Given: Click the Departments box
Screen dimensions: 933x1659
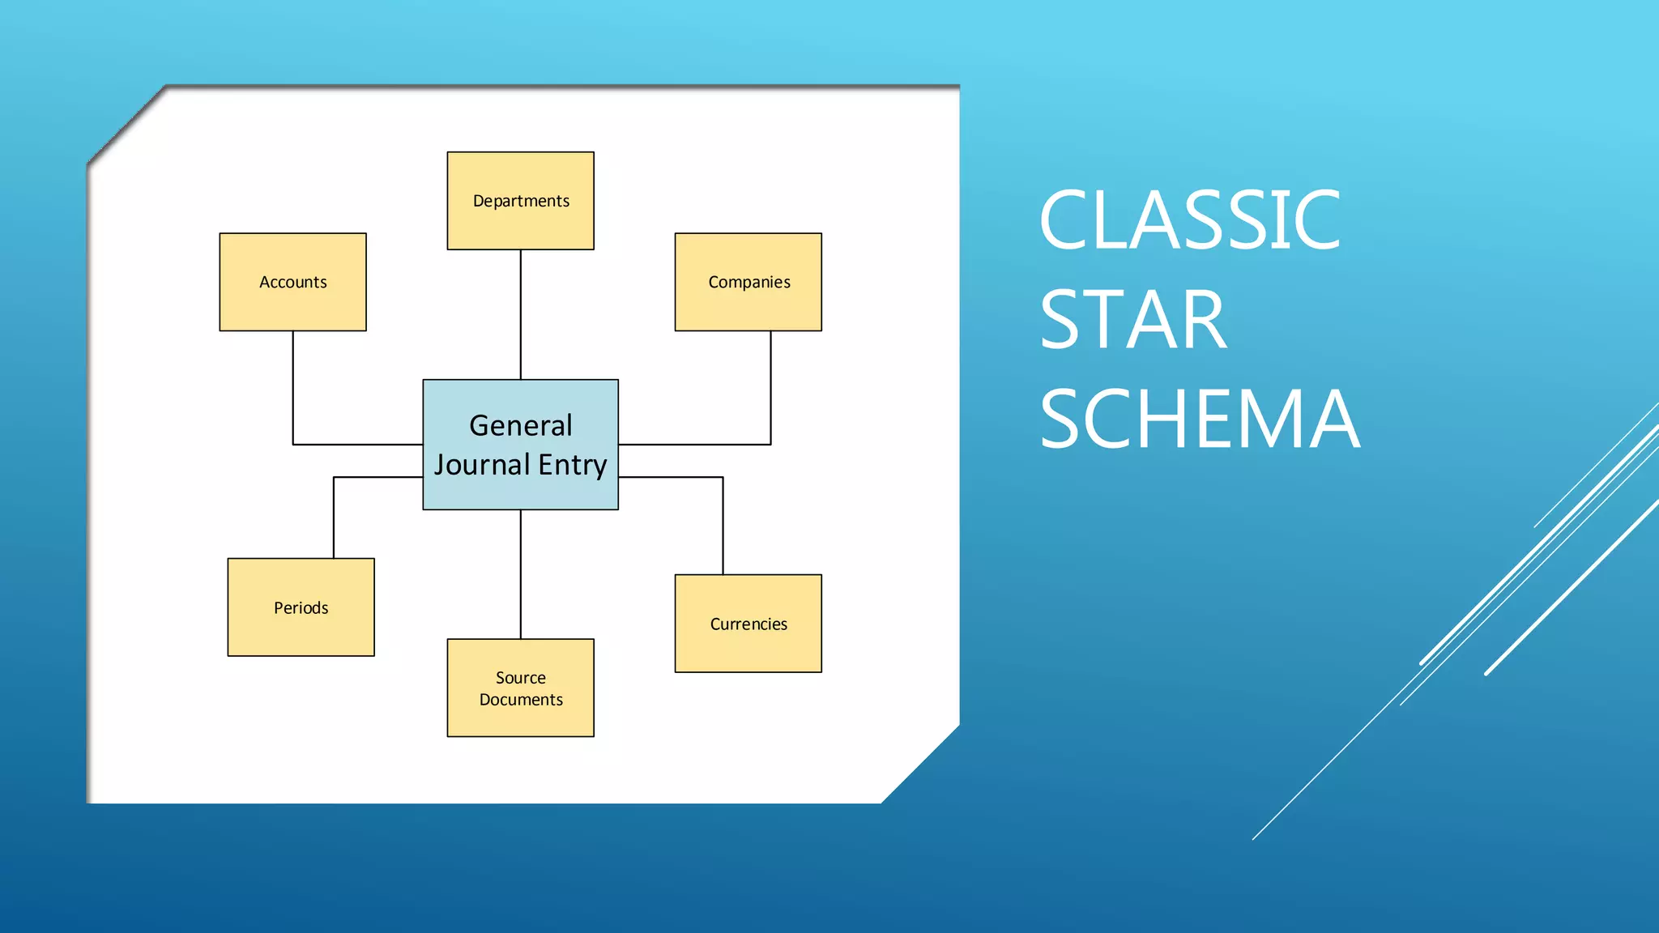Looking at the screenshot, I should (520, 201).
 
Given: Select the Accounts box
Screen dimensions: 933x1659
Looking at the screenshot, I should (292, 282).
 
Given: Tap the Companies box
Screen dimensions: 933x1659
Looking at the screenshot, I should (748, 282).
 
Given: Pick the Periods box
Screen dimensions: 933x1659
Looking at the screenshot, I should (301, 607).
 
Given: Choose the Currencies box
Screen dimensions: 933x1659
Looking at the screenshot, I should (748, 624).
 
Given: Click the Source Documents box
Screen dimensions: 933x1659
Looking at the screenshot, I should (520, 688).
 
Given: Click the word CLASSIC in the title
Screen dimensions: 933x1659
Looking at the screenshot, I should (1189, 220).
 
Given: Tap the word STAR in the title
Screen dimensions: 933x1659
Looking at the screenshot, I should (1132, 321).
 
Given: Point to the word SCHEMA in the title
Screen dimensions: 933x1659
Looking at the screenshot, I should (1199, 420).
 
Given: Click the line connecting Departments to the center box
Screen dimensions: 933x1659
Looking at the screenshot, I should (520, 314).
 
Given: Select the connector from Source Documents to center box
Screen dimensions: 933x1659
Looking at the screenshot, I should (520, 573).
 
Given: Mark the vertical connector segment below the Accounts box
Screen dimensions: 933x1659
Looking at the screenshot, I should (292, 387).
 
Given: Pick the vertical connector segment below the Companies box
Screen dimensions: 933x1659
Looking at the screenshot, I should (770, 387).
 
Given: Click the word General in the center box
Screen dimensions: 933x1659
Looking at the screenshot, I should (520, 425).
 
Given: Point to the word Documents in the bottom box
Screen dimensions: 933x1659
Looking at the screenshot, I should (520, 700).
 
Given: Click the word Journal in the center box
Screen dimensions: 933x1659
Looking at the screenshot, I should (482, 465).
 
